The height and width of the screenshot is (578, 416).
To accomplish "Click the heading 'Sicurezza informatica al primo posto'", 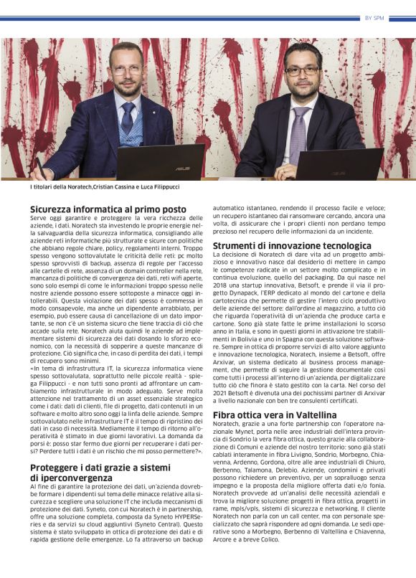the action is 108,209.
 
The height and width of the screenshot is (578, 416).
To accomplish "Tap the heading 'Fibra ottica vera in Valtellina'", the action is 275,414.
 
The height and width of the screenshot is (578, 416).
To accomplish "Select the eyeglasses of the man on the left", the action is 127,70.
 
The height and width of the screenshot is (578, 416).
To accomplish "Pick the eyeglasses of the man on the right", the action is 301,71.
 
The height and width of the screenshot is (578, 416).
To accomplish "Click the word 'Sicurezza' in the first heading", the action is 54,209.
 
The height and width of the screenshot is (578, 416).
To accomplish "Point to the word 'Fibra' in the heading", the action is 226,414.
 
